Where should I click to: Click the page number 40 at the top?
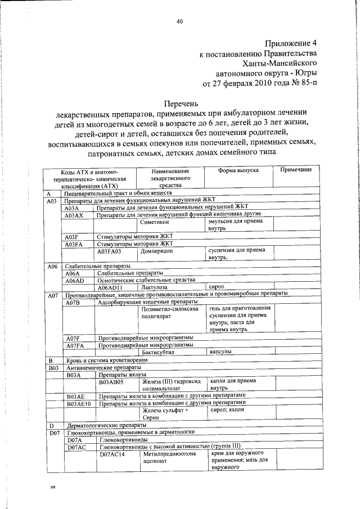(180, 22)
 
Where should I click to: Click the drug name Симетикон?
(157, 222)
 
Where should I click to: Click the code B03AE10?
(79, 403)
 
